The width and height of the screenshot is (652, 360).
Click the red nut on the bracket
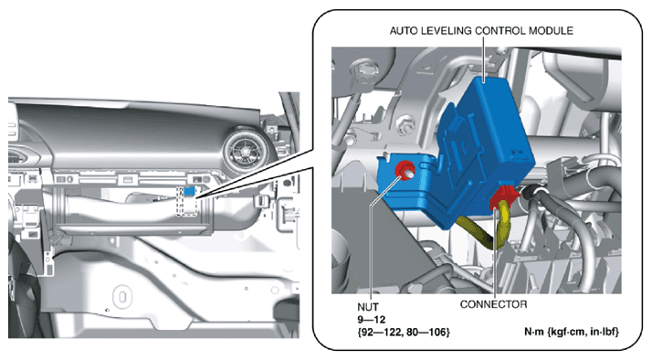point(403,170)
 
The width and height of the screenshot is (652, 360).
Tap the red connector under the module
point(503,196)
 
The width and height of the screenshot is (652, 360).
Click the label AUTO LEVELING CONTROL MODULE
point(481,31)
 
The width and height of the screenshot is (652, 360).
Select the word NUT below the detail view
point(368,307)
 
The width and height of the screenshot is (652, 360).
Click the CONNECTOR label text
point(493,304)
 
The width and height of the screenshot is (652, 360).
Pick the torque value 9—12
point(372,320)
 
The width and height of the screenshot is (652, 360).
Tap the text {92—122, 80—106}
point(404,332)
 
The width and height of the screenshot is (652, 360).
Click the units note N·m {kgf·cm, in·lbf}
point(572,332)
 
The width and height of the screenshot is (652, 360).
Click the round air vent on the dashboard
point(244,150)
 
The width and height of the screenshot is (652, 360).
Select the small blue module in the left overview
point(190,191)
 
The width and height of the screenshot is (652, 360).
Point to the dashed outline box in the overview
point(186,201)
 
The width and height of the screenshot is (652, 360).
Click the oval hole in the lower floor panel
point(122,298)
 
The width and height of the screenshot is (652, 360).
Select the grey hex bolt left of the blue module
point(405,123)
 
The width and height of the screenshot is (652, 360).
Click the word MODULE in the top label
point(551,31)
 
